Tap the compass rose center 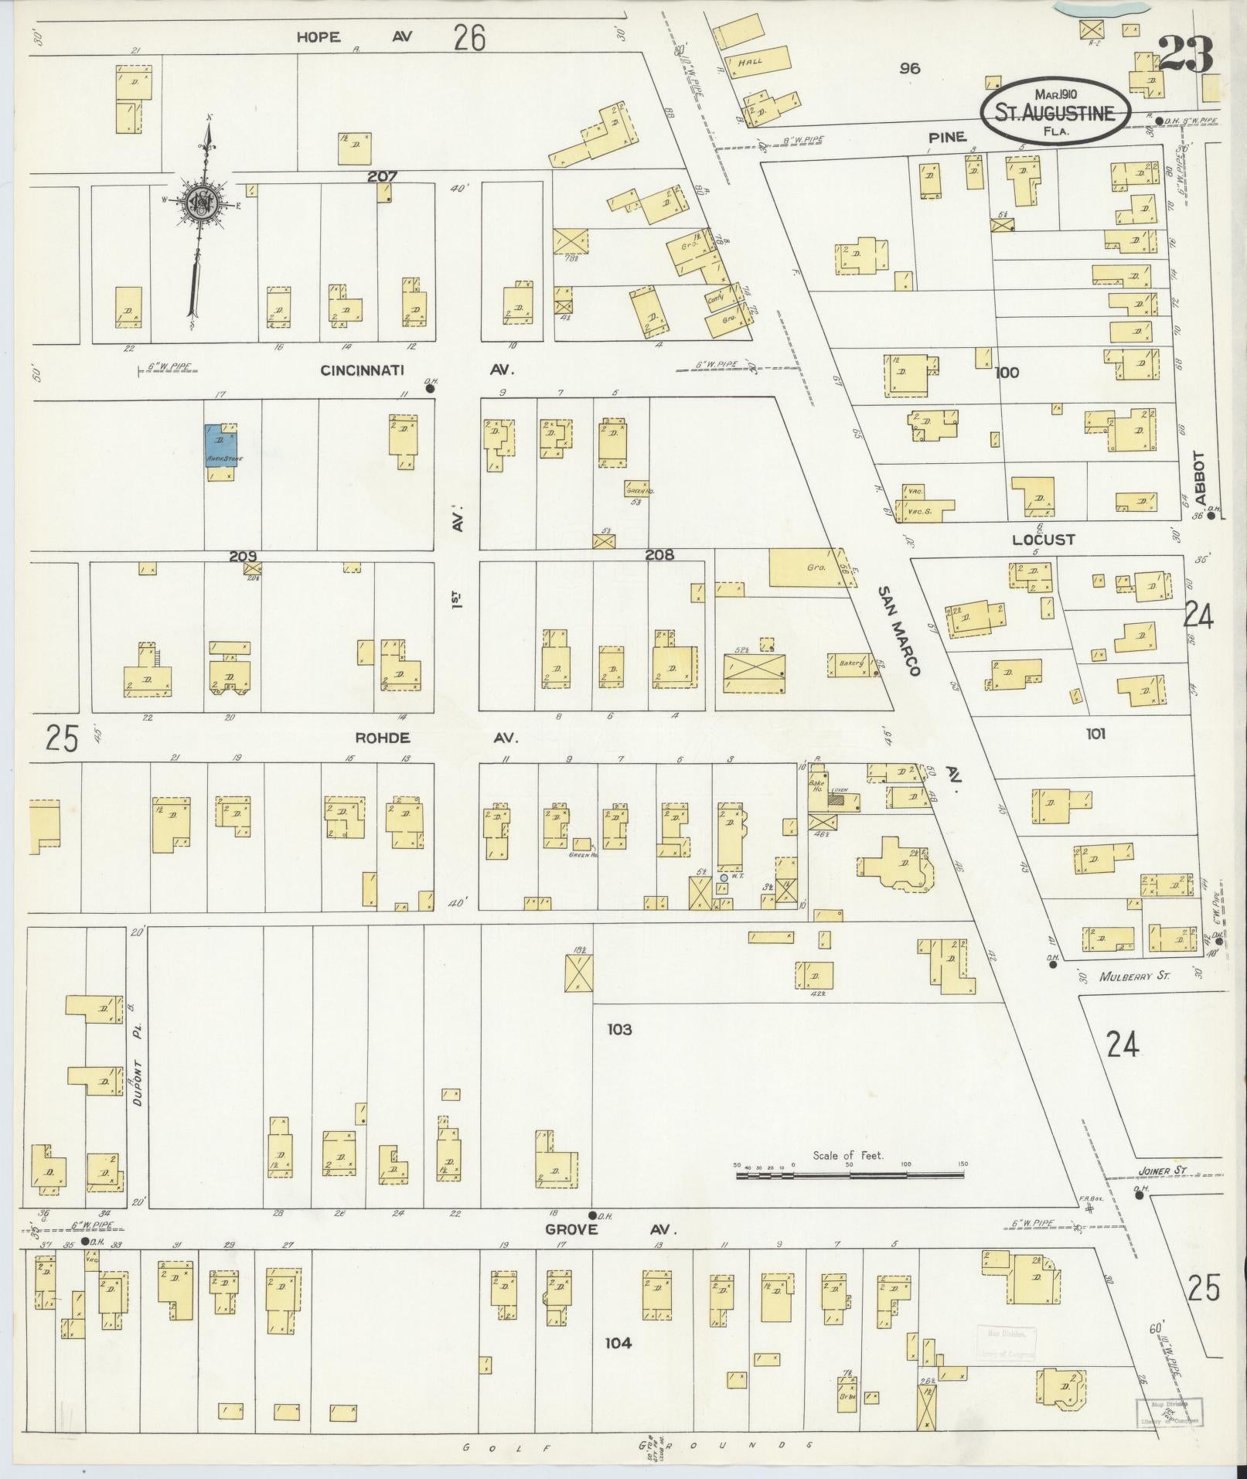(202, 203)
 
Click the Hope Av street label (356, 36)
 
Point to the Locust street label (1044, 540)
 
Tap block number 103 (619, 1029)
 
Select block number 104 (618, 1343)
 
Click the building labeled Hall (749, 61)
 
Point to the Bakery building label (850, 663)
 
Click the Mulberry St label (1135, 976)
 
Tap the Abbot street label (1199, 472)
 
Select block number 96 (910, 68)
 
